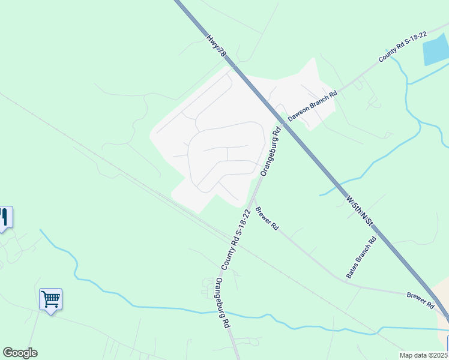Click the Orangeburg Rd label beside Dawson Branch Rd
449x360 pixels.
click(x=271, y=151)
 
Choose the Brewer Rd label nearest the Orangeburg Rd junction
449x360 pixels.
click(x=267, y=219)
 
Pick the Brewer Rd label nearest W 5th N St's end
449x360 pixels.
click(x=420, y=300)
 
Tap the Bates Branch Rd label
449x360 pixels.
click(x=361, y=257)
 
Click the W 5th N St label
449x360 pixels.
click(x=360, y=209)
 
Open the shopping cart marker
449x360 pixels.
click(x=51, y=299)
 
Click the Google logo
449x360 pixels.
click(x=20, y=353)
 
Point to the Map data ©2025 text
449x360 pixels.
click(x=424, y=355)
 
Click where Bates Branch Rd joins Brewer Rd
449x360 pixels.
click(x=346, y=280)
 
